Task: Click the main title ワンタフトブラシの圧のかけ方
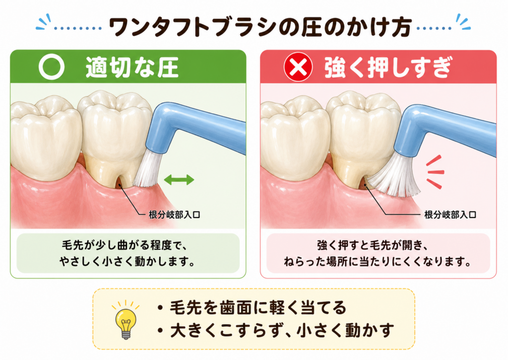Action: tap(260, 27)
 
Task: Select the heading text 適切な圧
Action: tap(132, 68)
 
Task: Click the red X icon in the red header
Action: tap(298, 67)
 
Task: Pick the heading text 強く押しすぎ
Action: tap(388, 68)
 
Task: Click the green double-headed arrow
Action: tap(179, 179)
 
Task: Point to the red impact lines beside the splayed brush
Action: tap(435, 172)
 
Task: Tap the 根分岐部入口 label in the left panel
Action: tap(174, 215)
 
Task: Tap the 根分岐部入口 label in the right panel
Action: tap(450, 215)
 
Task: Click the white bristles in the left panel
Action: tap(146, 170)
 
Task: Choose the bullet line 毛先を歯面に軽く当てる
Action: tap(252, 307)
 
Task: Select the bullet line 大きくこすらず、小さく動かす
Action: tap(275, 331)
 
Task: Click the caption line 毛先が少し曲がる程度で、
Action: tap(125, 245)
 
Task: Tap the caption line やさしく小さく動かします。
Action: tap(127, 261)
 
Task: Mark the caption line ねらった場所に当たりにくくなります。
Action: tap(378, 261)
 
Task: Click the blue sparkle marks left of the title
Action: tap(44, 22)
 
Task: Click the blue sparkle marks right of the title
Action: tap(463, 22)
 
